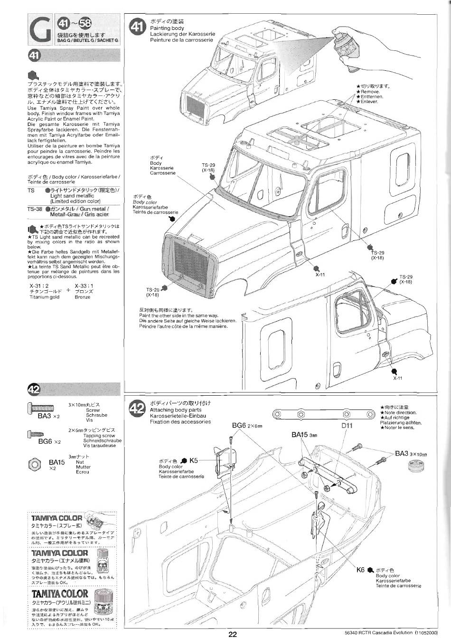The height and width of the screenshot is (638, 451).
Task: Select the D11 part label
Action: tap(347, 426)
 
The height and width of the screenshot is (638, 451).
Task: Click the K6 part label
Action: tap(360, 570)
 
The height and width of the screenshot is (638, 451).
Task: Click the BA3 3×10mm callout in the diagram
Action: tap(411, 454)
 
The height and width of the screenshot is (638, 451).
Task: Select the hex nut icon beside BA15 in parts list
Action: tap(35, 464)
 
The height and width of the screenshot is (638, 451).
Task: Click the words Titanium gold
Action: tap(44, 297)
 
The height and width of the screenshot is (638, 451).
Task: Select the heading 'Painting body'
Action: tap(167, 28)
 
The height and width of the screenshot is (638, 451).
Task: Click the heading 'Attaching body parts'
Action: tap(175, 409)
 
